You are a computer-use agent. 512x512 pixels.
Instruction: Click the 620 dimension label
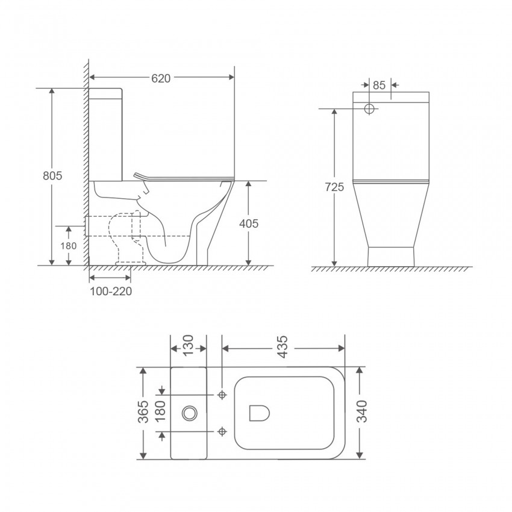pyautogui.click(x=161, y=77)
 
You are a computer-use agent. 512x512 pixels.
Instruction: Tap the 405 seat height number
pyautogui.click(x=248, y=223)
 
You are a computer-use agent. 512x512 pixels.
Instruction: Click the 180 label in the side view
pyautogui.click(x=69, y=246)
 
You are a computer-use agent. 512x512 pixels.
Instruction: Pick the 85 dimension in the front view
pyautogui.click(x=378, y=85)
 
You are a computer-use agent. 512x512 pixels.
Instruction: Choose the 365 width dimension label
pyautogui.click(x=143, y=413)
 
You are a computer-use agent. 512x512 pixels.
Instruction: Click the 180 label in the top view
pyautogui.click(x=161, y=413)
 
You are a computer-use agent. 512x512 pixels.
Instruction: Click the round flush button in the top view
pyautogui.click(x=190, y=413)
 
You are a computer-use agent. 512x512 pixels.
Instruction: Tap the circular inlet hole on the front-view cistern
pyautogui.click(x=370, y=109)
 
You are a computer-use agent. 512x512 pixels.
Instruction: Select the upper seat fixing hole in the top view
pyautogui.click(x=222, y=395)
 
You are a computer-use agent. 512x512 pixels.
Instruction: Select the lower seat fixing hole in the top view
pyautogui.click(x=222, y=431)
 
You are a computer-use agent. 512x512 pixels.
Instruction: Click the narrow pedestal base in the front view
pyautogui.click(x=391, y=255)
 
